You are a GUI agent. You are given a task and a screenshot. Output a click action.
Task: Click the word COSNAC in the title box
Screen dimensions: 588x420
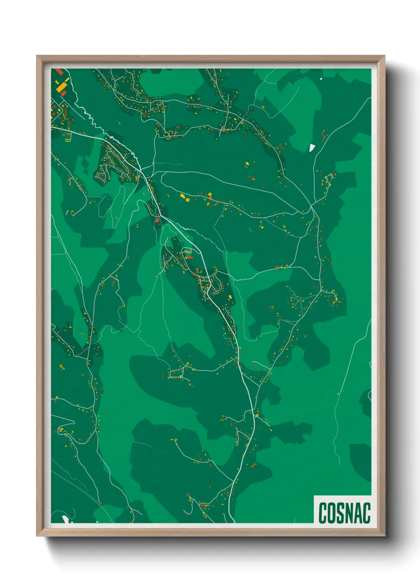[x=344, y=513]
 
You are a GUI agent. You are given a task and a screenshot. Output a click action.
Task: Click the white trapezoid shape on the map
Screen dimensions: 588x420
[x=312, y=148]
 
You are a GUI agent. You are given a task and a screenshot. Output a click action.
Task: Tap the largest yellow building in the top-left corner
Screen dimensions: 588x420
[x=62, y=87]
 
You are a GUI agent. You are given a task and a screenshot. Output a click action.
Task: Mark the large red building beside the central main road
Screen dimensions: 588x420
[x=157, y=220]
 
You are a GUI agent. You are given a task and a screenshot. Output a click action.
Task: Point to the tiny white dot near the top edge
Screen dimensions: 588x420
[x=321, y=79]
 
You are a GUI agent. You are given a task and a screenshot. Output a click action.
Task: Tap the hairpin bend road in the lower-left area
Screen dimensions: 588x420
[x=66, y=431]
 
